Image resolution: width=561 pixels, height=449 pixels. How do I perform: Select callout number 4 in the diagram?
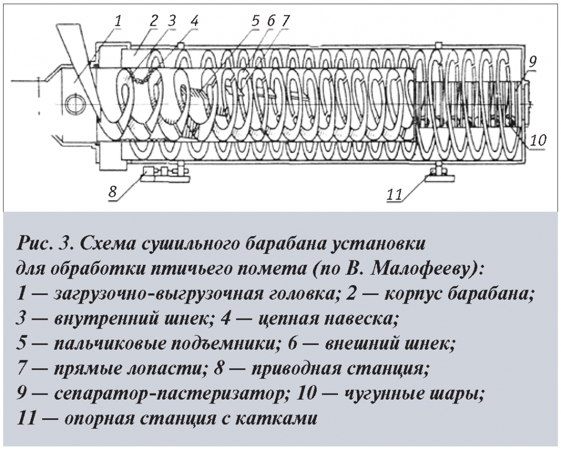pyautogui.click(x=194, y=21)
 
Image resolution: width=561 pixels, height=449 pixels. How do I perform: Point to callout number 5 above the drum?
pyautogui.click(x=255, y=21)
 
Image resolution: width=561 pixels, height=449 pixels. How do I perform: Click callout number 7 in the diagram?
pyautogui.click(x=285, y=21)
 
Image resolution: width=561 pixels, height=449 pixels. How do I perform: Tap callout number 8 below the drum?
pyautogui.click(x=112, y=192)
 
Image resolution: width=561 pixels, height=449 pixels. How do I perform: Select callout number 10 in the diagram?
pyautogui.click(x=538, y=139)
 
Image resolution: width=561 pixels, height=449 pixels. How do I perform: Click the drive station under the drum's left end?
pyautogui.click(x=164, y=174)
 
